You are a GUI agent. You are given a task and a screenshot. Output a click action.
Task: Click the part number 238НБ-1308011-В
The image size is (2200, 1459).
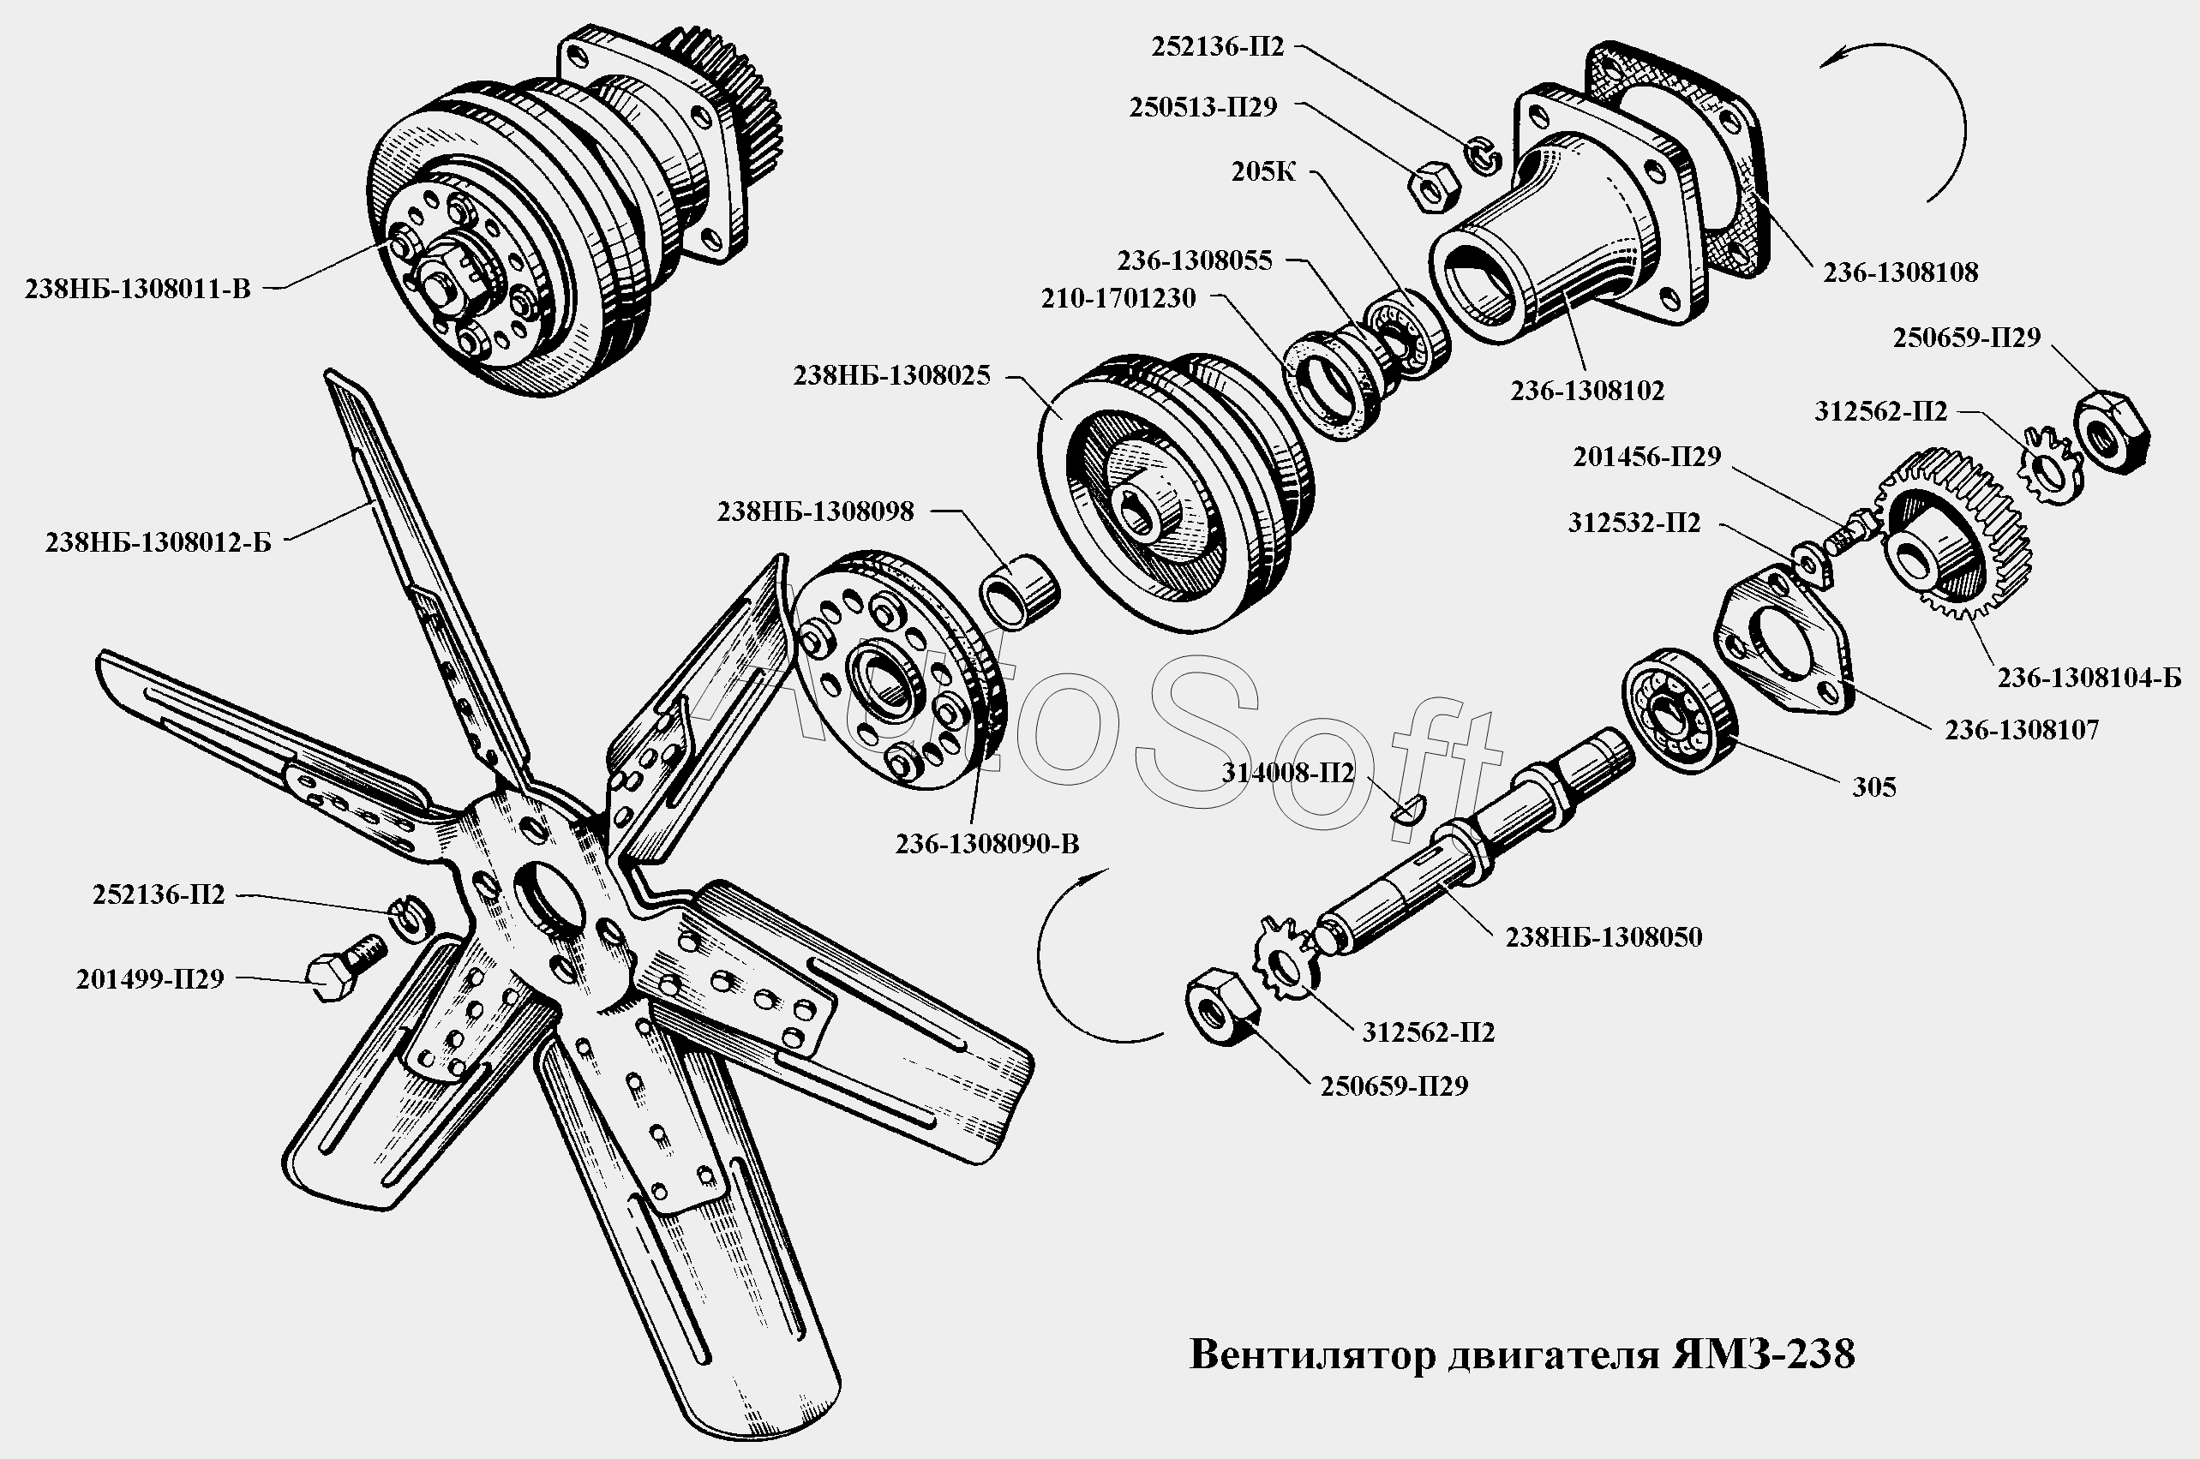click(x=138, y=290)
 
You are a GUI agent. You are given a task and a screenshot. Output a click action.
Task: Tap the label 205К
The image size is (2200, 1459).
click(x=1263, y=172)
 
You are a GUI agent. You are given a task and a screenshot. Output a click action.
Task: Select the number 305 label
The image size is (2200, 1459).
click(x=1874, y=787)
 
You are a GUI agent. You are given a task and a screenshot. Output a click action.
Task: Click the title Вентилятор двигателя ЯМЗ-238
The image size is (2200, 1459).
click(x=1522, y=1354)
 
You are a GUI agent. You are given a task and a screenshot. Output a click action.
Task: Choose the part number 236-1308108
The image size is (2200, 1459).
click(x=1900, y=272)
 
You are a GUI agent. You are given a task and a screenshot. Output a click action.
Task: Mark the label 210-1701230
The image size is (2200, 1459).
click(x=1118, y=299)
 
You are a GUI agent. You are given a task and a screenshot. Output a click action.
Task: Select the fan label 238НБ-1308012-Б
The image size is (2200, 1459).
click(x=159, y=542)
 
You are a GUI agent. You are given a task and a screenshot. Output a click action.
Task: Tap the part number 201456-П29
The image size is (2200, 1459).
click(x=1647, y=457)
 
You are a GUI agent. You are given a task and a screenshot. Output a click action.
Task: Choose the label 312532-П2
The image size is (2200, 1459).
click(x=1634, y=523)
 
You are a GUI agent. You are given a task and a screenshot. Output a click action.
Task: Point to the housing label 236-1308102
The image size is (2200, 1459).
click(x=1587, y=391)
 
